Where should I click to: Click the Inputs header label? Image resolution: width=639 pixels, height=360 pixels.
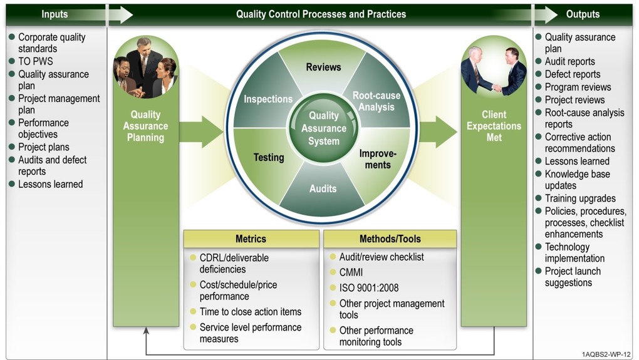coord(55,14)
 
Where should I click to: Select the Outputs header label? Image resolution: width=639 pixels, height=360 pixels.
coord(583,14)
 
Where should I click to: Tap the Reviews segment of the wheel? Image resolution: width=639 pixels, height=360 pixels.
coord(323,67)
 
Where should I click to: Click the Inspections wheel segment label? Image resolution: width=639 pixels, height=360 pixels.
coord(268,99)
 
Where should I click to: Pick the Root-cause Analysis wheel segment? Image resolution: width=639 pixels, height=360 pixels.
coord(377,101)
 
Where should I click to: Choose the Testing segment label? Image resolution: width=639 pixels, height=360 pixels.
coord(269,157)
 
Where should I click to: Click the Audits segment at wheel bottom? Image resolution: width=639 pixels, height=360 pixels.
coord(323,188)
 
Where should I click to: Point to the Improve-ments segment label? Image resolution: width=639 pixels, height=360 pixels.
coord(378,159)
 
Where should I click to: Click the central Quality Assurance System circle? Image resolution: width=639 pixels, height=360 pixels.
coord(323,128)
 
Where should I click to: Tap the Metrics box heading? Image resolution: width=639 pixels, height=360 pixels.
coord(251,239)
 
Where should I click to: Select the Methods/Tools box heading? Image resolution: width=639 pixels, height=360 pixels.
coord(390,239)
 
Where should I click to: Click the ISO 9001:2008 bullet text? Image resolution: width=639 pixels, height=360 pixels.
coord(368,288)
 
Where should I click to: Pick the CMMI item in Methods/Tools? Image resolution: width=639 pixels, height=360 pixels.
coord(351,272)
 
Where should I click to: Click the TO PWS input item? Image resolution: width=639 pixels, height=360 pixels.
coord(36,61)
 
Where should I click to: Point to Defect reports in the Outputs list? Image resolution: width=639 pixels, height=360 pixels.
coord(572,74)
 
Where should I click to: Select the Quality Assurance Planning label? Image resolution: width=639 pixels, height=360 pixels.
coord(145,126)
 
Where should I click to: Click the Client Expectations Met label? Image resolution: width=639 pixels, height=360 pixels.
coord(494,126)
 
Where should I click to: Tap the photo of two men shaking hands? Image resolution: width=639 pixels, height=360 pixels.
coord(494,70)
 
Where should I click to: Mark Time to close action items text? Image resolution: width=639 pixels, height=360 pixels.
coord(250,312)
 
